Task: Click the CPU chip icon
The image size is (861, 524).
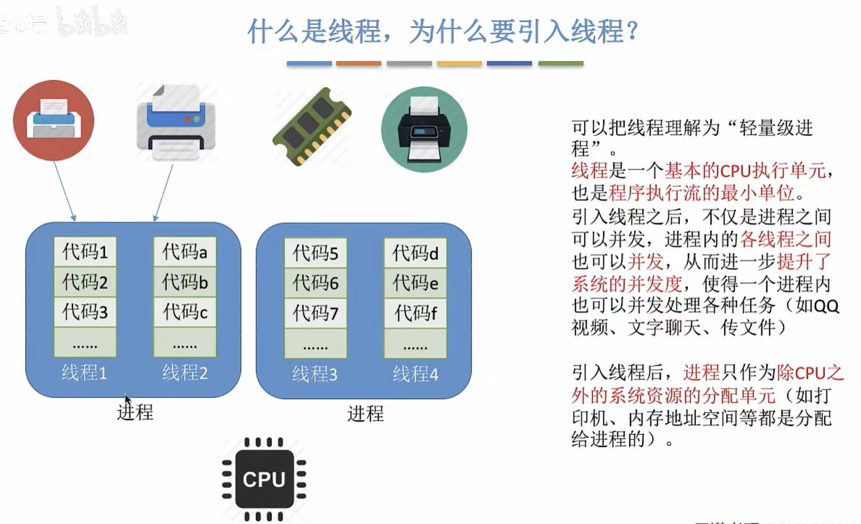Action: (264, 479)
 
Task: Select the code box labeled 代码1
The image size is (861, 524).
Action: (85, 251)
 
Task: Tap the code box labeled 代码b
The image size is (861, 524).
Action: (185, 282)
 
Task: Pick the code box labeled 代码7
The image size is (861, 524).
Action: (315, 313)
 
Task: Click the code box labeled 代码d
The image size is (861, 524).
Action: (415, 253)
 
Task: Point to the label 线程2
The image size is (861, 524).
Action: (185, 373)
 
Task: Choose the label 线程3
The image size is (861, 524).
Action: (314, 374)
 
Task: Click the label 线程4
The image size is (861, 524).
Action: (415, 374)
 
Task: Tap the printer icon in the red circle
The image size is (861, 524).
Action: (54, 121)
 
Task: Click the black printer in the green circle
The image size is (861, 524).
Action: (424, 130)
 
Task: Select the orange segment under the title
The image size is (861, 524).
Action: (359, 64)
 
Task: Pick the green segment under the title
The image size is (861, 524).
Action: (560, 64)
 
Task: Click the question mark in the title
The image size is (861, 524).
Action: (632, 31)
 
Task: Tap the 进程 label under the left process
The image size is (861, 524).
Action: (135, 412)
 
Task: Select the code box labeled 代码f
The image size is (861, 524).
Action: (415, 313)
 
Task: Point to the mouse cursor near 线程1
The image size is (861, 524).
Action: (127, 400)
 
